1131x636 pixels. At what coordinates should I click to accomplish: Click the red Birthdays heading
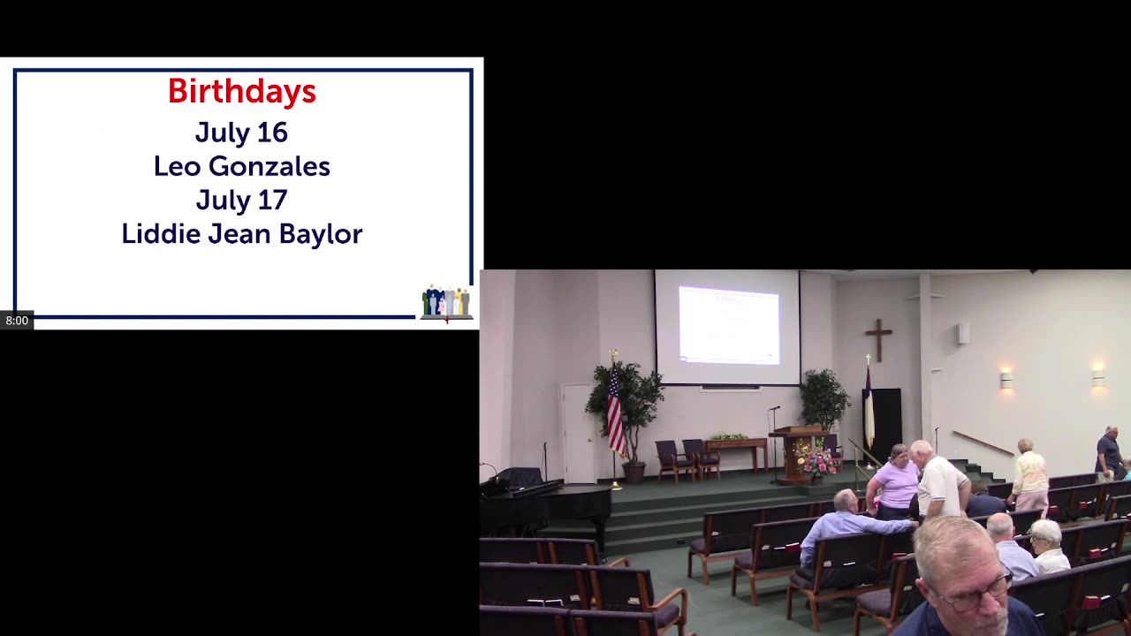(242, 91)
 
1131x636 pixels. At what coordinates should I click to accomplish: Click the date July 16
(241, 132)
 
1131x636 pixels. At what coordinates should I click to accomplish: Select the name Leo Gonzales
(242, 167)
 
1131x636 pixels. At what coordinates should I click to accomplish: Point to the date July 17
(241, 201)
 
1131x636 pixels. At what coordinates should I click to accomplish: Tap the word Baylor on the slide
(321, 235)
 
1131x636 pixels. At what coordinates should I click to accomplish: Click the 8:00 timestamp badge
(17, 321)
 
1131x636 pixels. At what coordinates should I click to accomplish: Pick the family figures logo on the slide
(447, 302)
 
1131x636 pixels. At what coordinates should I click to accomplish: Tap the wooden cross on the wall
(878, 340)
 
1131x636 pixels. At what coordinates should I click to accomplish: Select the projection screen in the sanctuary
(727, 327)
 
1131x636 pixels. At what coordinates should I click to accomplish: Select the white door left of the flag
(578, 434)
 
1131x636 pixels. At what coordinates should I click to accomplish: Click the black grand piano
(545, 504)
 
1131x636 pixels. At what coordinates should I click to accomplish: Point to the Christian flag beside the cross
(869, 407)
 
